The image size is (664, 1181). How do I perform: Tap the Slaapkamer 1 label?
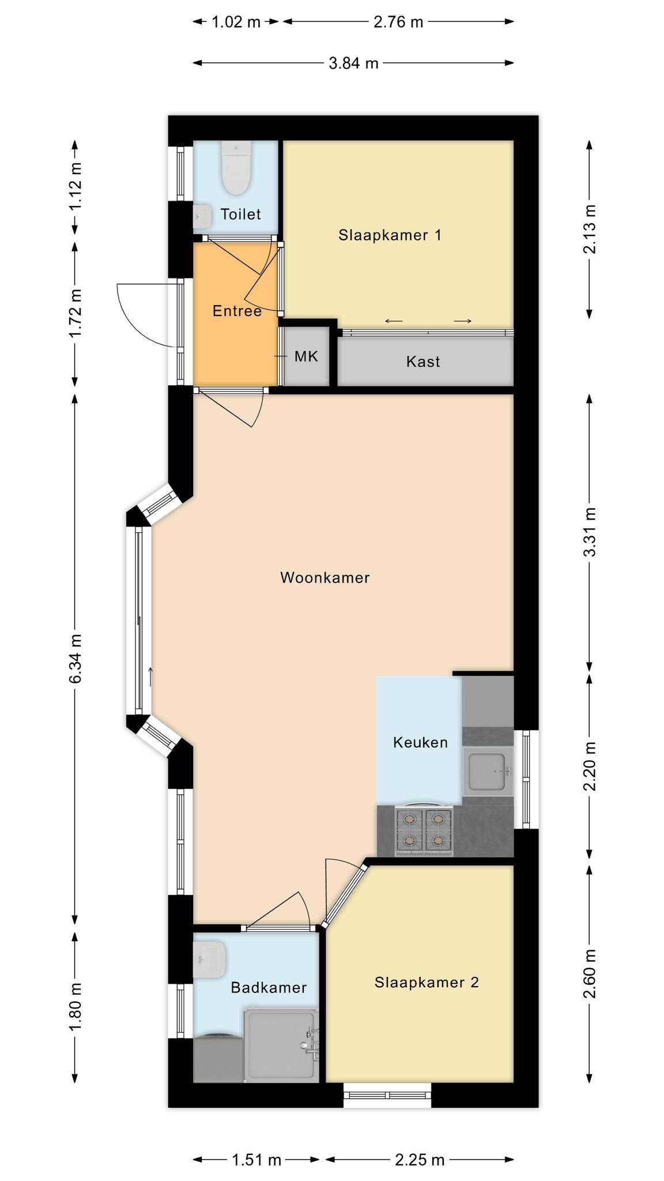390,235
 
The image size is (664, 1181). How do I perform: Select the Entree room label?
237,311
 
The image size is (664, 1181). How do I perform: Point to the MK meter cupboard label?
306,356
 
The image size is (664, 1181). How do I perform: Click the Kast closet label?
423,362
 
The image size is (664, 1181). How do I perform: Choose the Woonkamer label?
325,578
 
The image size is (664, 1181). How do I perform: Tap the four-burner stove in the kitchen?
424,831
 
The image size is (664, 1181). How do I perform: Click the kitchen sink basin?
490,772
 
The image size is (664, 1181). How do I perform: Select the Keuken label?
420,743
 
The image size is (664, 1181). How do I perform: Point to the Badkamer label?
269,988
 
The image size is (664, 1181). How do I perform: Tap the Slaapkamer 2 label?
427,982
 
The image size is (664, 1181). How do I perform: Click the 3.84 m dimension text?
353,63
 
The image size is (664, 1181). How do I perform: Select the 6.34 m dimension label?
76,658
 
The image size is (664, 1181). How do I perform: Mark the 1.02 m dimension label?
236,22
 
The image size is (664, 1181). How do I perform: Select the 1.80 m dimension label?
76,1007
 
